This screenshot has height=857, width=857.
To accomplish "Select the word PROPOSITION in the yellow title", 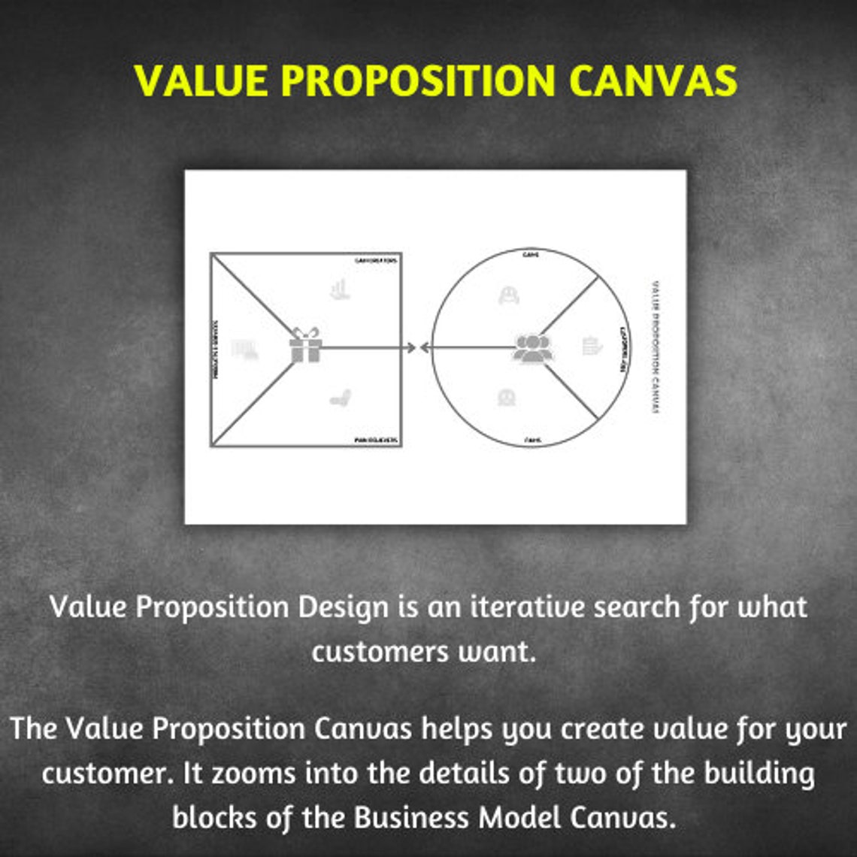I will (418, 80).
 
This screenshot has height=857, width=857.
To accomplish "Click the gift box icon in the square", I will (305, 346).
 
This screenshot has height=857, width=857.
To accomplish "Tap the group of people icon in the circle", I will (532, 348).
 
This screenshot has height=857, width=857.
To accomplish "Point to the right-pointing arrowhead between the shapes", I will (410, 347).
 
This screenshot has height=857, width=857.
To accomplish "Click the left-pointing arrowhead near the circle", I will (425, 347).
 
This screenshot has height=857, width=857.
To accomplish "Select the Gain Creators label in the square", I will (376, 261).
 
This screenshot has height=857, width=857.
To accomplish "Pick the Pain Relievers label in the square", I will (376, 440).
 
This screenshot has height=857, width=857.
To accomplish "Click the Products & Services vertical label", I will (217, 349).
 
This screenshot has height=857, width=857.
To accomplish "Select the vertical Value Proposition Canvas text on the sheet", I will (654, 347).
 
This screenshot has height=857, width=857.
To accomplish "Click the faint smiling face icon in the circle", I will (509, 295).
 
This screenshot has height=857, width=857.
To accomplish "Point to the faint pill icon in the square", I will (341, 398).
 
